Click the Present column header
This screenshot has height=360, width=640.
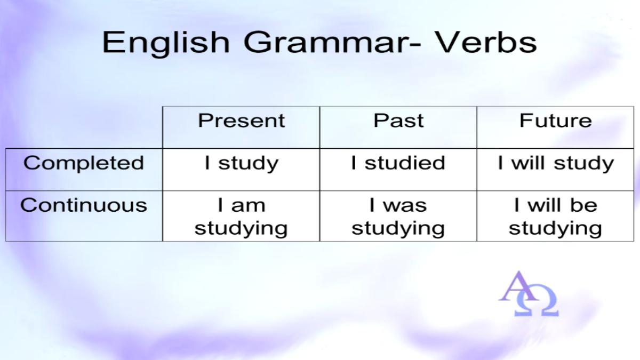[242, 121]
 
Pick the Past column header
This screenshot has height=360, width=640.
[398, 121]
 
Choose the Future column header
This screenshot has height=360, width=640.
[555, 121]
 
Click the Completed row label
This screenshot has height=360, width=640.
[84, 163]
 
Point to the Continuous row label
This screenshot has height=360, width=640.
[84, 205]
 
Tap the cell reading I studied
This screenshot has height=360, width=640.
[398, 163]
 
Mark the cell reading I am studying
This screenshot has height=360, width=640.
[241, 217]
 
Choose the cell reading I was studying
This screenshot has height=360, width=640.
[398, 217]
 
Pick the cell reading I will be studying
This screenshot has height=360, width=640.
[555, 217]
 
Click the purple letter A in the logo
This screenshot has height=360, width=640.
[518, 286]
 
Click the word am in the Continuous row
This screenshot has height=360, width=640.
[249, 206]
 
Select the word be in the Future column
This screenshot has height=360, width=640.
[583, 205]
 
